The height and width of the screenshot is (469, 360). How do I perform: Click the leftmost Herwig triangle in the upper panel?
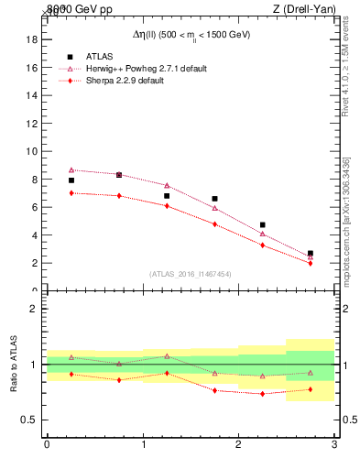(71, 169)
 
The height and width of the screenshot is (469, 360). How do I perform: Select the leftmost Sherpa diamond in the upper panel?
(71, 192)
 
